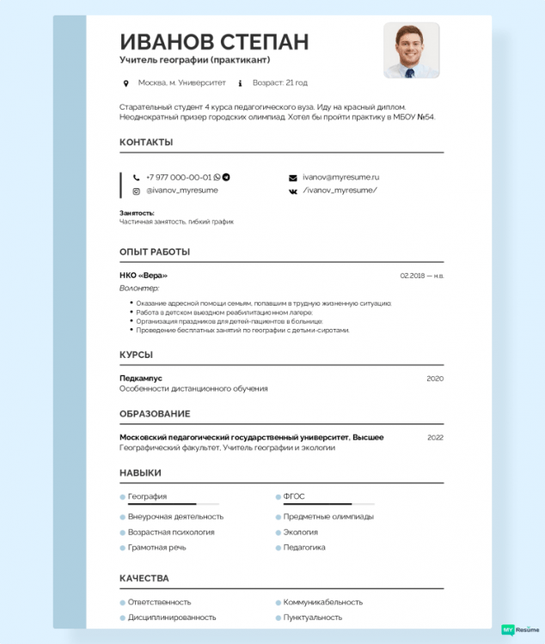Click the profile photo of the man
[x=411, y=51]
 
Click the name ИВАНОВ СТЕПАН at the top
[x=214, y=41]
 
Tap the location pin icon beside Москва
[x=126, y=83]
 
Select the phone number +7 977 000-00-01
[x=178, y=177]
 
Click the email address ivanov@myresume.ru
[x=340, y=177]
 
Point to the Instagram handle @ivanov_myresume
[x=181, y=190]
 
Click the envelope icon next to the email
[x=292, y=177]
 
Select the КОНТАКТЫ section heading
[x=146, y=142]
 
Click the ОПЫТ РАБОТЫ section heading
[x=155, y=252]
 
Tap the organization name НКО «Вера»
[x=144, y=275]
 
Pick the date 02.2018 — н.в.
[x=421, y=276]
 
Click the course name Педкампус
[x=141, y=378]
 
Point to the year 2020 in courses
[x=435, y=378]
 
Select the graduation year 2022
[x=435, y=437]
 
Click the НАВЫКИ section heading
[x=140, y=473]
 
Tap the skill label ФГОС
[x=294, y=496]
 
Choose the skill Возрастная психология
[x=171, y=532]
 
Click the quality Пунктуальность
[x=313, y=617]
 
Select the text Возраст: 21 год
[x=279, y=83]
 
